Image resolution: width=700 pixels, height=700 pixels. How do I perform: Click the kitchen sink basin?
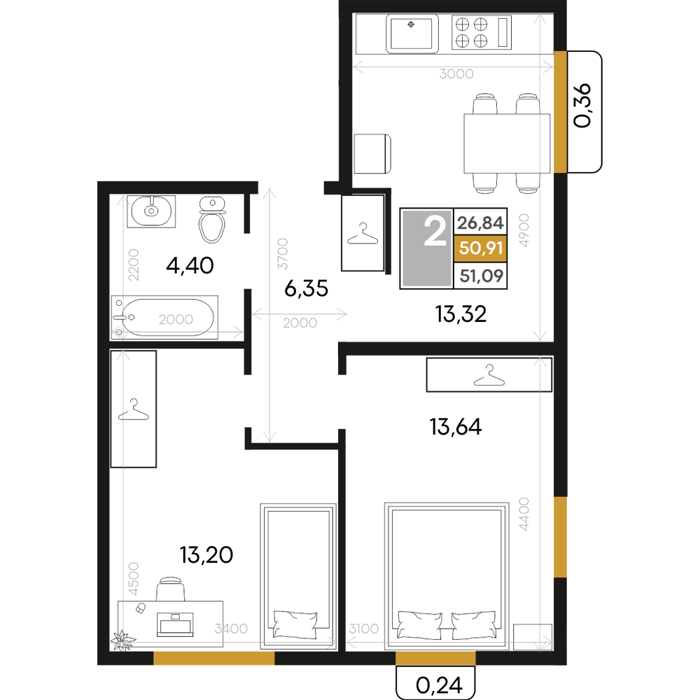point(412,34)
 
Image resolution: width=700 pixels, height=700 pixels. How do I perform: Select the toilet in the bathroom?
point(212,219)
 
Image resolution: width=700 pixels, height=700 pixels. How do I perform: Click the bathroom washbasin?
point(151,211)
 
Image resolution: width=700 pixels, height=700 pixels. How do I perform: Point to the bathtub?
point(164,317)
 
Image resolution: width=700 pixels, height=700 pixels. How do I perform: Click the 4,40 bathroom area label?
point(190,265)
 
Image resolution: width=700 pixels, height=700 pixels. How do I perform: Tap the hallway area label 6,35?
point(307,288)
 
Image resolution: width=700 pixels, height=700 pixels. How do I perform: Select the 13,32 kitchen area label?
point(461,314)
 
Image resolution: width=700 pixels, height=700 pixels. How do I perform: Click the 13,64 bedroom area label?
point(456,427)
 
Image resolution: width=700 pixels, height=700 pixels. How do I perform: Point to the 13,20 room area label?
point(206,555)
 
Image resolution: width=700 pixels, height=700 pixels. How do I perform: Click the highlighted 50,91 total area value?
point(480,248)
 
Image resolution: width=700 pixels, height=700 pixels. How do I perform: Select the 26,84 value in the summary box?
point(480,223)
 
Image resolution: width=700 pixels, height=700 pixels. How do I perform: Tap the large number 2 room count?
point(435,230)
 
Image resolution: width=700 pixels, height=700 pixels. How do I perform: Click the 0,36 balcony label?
point(582,106)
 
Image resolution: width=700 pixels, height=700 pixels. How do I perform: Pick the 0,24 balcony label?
point(440,685)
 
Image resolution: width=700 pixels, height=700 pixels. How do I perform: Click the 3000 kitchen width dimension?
point(456,73)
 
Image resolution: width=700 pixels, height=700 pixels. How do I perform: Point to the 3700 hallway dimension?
point(283,253)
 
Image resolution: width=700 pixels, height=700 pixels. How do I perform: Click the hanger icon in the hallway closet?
point(363,234)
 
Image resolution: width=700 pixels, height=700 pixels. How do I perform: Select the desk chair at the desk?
point(171,589)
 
